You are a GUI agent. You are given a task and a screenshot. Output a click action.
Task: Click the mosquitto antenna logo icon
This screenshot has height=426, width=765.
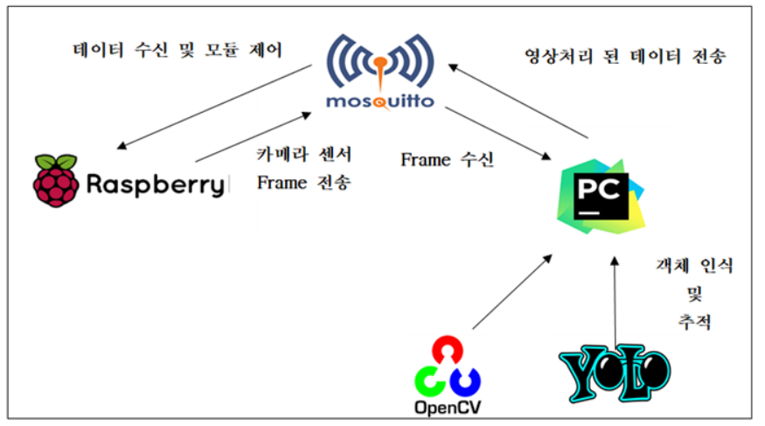pyautogui.click(x=379, y=60)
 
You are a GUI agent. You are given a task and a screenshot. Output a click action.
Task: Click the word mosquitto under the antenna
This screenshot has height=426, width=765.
pyautogui.click(x=379, y=101)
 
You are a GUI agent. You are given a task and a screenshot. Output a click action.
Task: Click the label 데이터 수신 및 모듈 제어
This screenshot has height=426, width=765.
pyautogui.click(x=177, y=50)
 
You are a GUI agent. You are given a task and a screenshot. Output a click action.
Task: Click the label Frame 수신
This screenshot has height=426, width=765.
pyautogui.click(x=448, y=160)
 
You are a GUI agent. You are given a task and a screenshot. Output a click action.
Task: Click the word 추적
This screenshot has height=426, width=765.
pyautogui.click(x=694, y=321)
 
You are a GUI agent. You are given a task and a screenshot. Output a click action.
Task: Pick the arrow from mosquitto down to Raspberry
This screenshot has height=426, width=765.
pyautogui.click(x=214, y=104)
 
